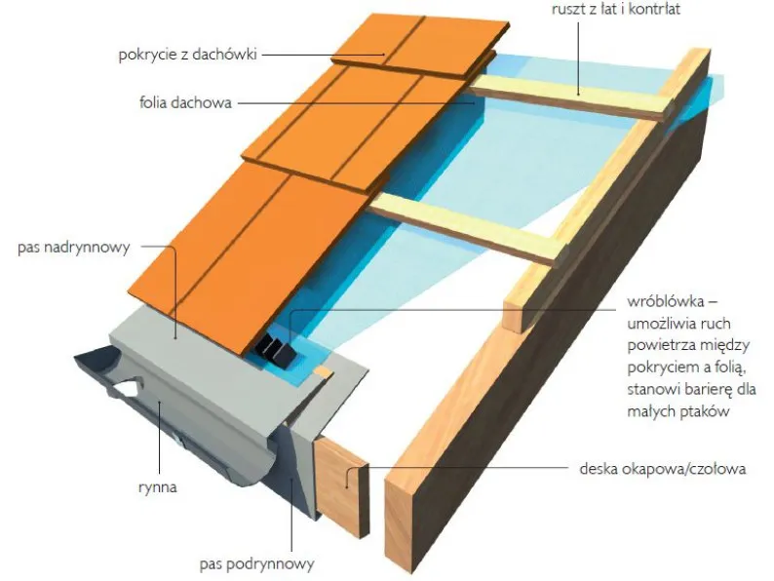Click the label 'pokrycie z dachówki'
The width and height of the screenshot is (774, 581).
(187, 54)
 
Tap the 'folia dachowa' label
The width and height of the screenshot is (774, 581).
(185, 102)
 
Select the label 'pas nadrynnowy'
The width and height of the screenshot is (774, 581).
(73, 248)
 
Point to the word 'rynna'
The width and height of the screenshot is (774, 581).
(158, 487)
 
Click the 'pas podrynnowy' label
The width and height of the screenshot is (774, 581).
(256, 563)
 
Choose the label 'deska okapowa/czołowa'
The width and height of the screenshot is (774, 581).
(663, 469)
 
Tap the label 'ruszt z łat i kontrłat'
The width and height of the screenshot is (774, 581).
(615, 10)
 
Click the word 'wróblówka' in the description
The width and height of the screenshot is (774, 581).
(665, 301)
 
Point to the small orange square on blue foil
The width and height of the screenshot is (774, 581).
(323, 370)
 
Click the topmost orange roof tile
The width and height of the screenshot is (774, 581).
(419, 46)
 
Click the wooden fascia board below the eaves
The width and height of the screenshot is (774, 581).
(341, 486)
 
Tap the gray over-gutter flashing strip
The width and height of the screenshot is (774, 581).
(237, 375)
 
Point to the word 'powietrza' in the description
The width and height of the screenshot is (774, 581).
(661, 345)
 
